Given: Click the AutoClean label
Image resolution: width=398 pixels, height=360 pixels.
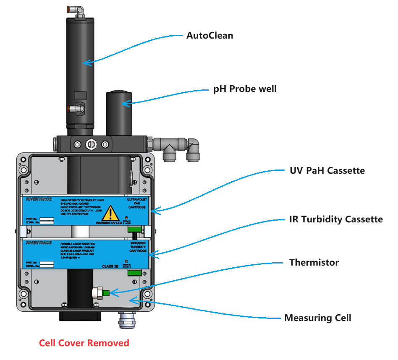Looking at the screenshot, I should point(209,36).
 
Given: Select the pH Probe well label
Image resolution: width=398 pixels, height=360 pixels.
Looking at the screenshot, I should point(245,89).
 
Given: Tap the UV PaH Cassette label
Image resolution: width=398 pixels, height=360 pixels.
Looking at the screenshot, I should point(327,171).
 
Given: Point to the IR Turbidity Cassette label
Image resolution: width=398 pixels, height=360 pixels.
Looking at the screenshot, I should point(336,219).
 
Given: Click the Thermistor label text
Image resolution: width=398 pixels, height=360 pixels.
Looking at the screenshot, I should point(314,263).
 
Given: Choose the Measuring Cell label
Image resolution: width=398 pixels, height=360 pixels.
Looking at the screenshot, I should point(317,318).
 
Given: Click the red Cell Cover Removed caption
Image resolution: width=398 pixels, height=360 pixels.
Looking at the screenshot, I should point(84,343).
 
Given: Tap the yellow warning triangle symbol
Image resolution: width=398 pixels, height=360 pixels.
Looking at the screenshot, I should point(111,214).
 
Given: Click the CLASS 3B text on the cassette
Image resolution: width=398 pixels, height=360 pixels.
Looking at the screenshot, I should point(110,266).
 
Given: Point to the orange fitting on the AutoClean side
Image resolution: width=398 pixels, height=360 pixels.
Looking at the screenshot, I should point(70,109).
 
